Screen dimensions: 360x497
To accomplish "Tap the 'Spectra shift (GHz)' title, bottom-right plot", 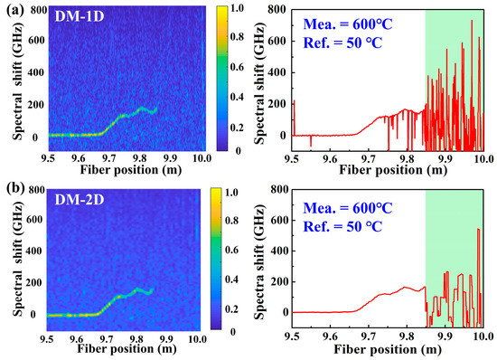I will point(259,262).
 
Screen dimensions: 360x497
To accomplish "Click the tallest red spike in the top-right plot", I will point(471,21).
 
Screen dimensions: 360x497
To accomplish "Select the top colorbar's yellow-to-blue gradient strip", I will point(217,77).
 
